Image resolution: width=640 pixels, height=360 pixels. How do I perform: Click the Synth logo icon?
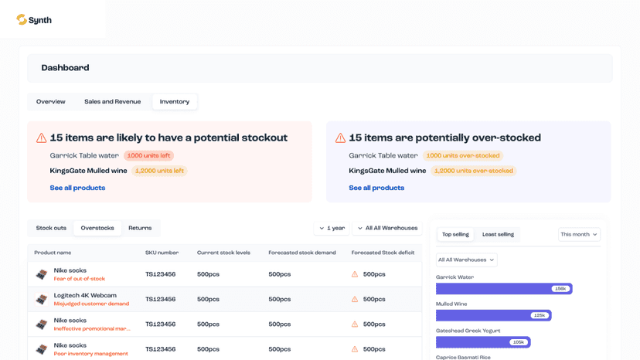[x=22, y=19]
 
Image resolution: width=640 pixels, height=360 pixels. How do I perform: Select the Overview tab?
[x=50, y=102]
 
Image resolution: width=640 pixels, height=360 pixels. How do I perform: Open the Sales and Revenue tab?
[x=113, y=102]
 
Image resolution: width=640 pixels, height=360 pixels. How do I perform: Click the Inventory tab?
[x=175, y=102]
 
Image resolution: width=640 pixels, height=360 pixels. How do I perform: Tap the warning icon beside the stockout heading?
[x=41, y=138]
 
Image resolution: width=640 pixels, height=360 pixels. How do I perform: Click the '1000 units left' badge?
[x=148, y=155]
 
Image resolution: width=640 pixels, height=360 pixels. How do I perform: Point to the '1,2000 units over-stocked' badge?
[x=474, y=171]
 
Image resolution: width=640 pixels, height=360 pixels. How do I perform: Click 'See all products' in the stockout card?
[x=77, y=188]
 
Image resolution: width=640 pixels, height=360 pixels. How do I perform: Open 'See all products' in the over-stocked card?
[x=376, y=188]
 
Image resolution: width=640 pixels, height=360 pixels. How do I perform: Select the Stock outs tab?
[x=51, y=228]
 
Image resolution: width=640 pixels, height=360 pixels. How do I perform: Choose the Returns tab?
[x=140, y=228]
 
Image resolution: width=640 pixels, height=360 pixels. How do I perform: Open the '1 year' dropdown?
[x=332, y=228]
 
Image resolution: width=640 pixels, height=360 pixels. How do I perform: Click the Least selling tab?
[x=498, y=234]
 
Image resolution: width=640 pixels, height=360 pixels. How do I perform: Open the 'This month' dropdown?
[x=579, y=234]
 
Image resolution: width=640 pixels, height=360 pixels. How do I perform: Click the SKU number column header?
[x=162, y=253]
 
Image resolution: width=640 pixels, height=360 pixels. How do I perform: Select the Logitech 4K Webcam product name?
[x=85, y=295]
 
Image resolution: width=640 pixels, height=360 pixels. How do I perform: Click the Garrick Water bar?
[x=504, y=289]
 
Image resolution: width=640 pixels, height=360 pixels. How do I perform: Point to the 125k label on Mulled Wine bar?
[x=540, y=315]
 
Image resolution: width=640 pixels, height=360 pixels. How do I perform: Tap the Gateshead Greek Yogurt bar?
[x=483, y=342]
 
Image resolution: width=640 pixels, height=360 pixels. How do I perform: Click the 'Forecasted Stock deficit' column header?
[x=383, y=253]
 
